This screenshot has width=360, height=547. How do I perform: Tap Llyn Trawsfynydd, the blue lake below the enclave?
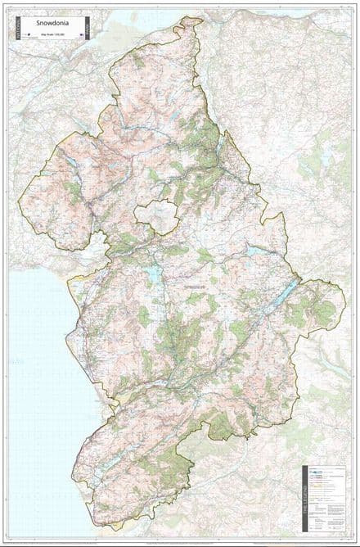(x=154, y=275)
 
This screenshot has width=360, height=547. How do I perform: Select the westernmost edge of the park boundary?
(x=20, y=201)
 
